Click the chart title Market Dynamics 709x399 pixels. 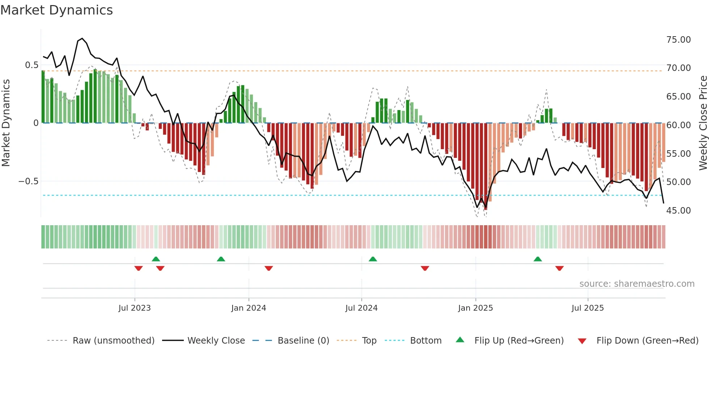tap(56, 10)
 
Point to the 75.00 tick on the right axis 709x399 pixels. tap(678, 39)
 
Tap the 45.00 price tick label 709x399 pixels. tap(678, 210)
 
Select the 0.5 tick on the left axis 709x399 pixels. tap(31, 65)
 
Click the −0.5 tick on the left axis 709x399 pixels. tap(29, 181)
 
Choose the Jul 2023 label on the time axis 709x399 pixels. tap(135, 308)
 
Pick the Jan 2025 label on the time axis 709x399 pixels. tap(475, 308)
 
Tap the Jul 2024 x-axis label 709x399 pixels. tap(361, 308)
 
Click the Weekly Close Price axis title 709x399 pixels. tap(703, 123)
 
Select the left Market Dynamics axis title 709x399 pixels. tap(6, 123)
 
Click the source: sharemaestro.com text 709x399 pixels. tap(637, 284)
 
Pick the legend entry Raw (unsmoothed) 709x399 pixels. tap(113, 341)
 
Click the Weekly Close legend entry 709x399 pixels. tap(216, 341)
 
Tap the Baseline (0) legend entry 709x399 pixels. tap(303, 341)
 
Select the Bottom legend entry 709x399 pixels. tap(425, 341)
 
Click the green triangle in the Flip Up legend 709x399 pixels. tap(460, 340)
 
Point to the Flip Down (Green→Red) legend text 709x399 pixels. tap(647, 341)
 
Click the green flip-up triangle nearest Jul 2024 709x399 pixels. tap(373, 259)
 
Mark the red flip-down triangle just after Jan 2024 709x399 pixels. tap(268, 268)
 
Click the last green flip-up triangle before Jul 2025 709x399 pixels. tap(538, 259)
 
